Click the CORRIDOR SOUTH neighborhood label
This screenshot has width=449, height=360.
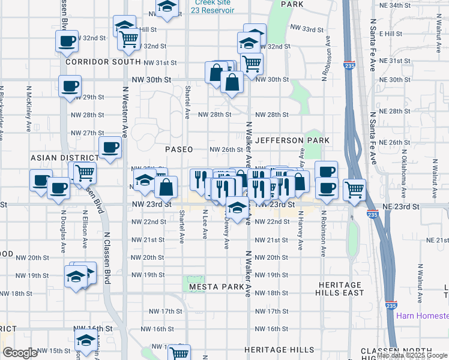pos(95,62)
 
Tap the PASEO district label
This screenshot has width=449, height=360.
pos(179,149)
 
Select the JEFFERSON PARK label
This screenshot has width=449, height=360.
pos(292,140)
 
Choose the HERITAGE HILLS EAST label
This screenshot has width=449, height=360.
pos(340,289)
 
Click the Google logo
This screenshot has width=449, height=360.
pos(20,353)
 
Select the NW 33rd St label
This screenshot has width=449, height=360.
pos(306,29)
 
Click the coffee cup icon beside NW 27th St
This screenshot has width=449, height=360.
pos(110,148)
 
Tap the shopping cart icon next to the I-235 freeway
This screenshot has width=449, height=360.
pos(355,190)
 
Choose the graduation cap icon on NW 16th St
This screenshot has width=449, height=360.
pos(86,340)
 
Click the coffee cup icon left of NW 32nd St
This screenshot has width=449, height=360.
pos(67,41)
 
